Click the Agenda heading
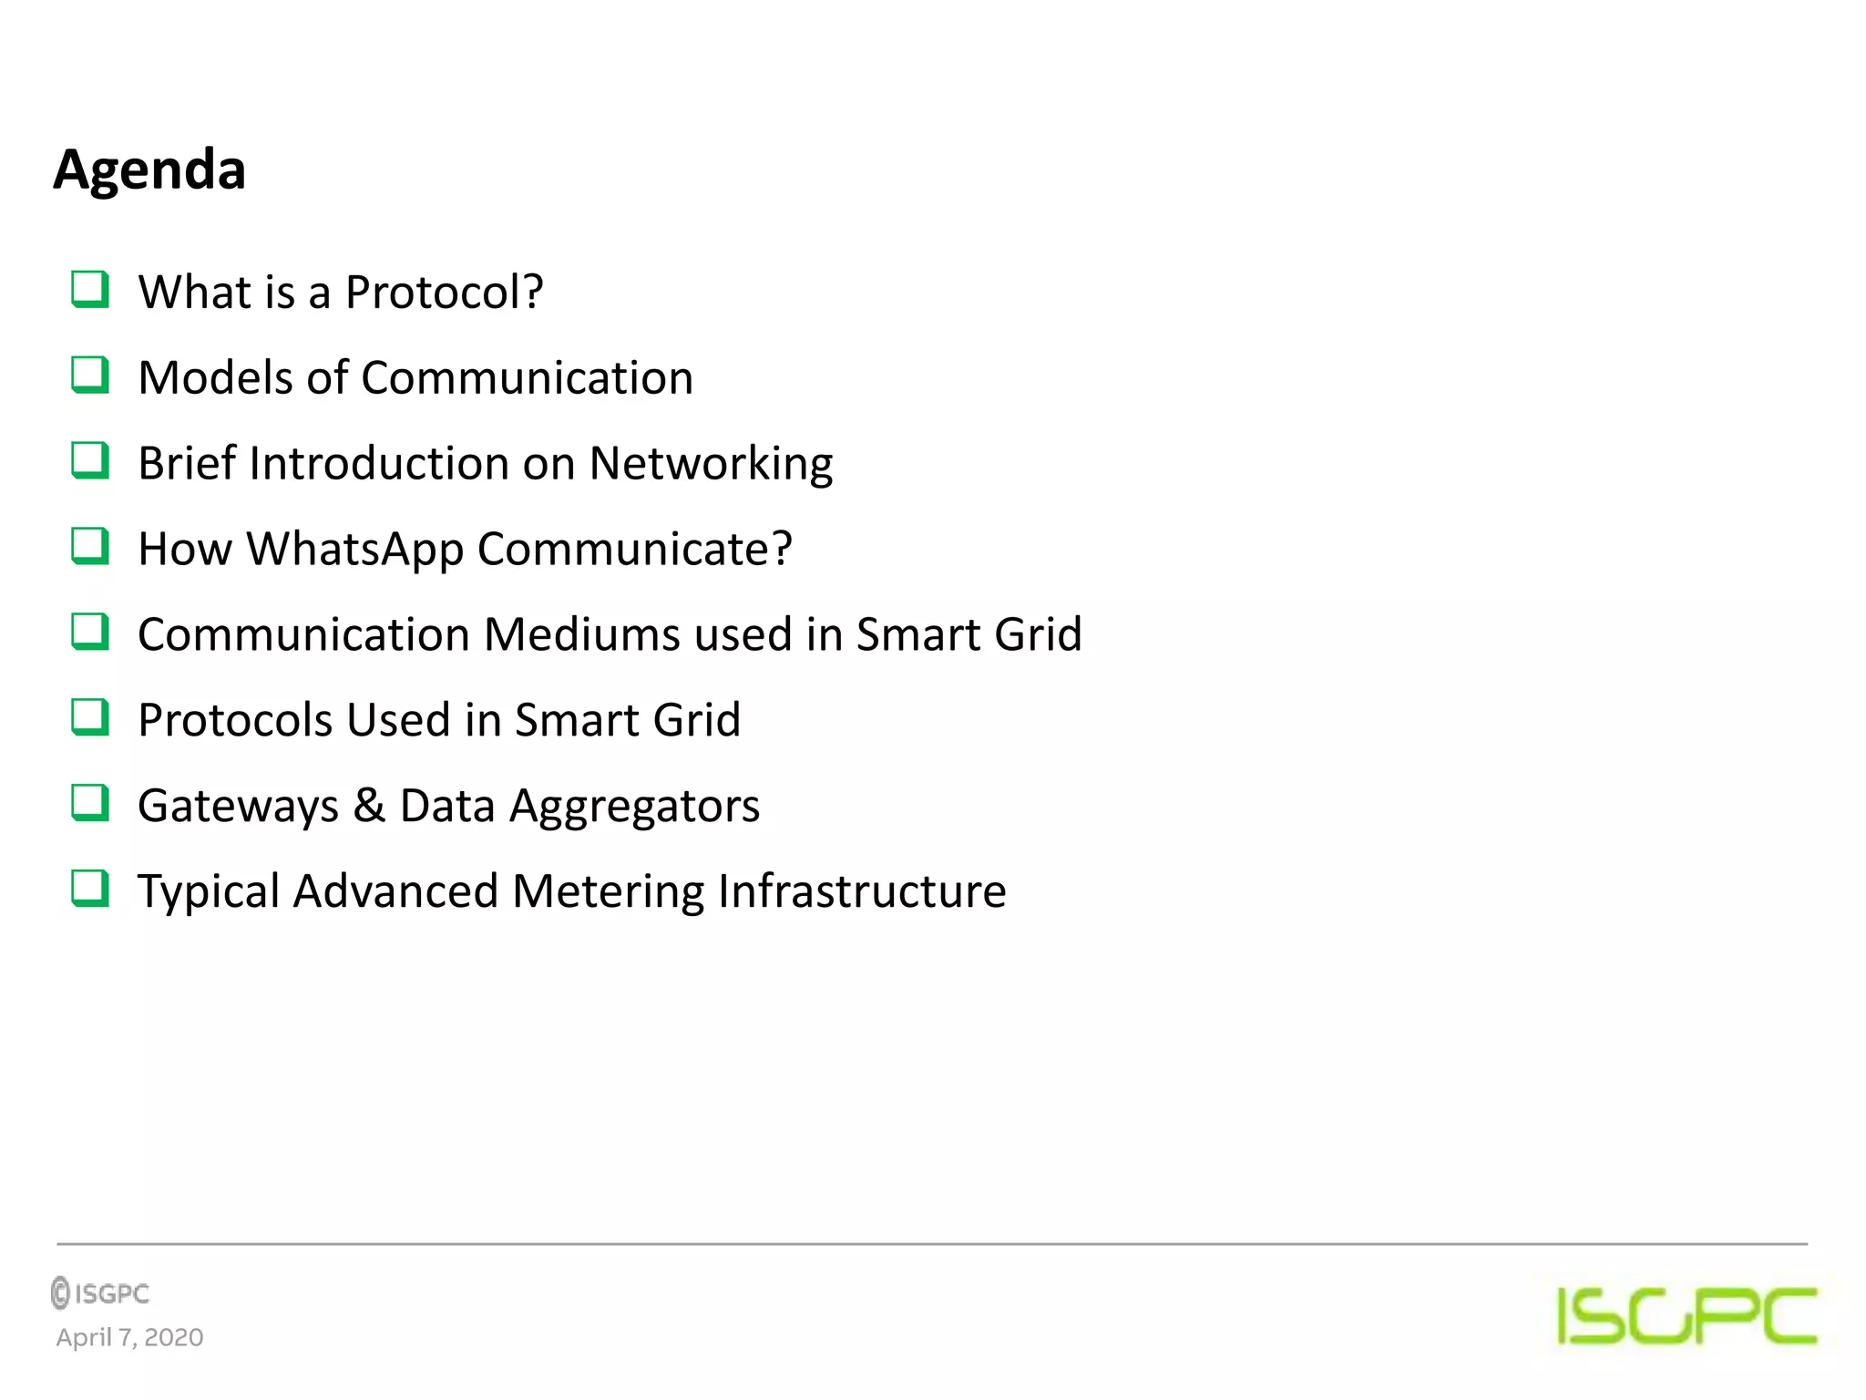[x=149, y=170]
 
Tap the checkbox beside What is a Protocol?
[x=90, y=290]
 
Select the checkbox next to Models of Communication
[x=90, y=375]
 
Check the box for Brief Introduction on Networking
[x=90, y=460]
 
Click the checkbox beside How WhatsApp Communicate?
[x=90, y=546]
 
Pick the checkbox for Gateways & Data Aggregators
[x=90, y=803]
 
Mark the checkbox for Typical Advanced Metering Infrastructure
[x=90, y=889]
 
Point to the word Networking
[x=711, y=464]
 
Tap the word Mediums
[x=581, y=634]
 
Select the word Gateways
[x=238, y=807]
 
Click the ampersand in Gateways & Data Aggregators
[x=369, y=806]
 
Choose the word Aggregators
[x=634, y=807]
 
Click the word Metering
[x=608, y=891]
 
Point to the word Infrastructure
[x=862, y=891]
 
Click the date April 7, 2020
[x=129, y=1337]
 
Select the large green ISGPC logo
[x=1687, y=1315]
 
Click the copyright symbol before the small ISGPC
[x=61, y=1292]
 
